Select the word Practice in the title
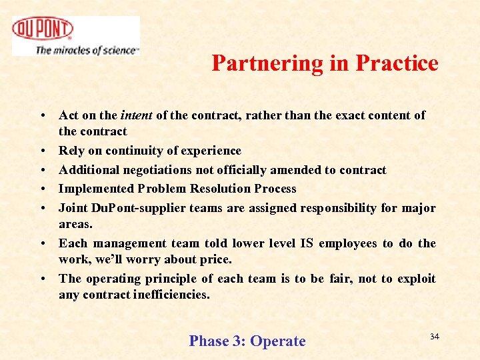pyautogui.click(x=397, y=63)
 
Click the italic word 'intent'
pyautogui.click(x=136, y=115)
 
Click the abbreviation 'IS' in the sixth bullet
pyautogui.click(x=305, y=243)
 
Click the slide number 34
pyautogui.click(x=434, y=337)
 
